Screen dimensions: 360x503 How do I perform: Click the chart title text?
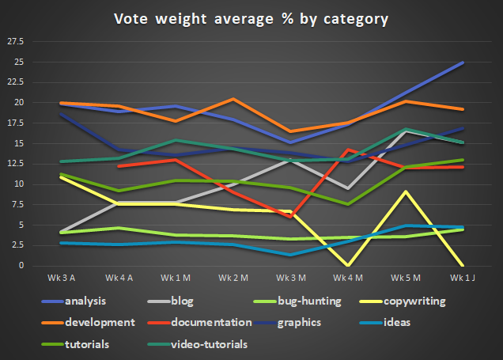pyautogui.click(x=251, y=18)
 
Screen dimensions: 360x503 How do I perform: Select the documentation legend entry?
pyautogui.click(x=211, y=323)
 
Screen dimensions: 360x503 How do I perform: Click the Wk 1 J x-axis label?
pyautogui.click(x=462, y=279)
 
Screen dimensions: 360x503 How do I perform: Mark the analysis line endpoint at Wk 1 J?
pyautogui.click(x=463, y=63)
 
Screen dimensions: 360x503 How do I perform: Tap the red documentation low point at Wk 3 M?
pyautogui.click(x=290, y=216)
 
